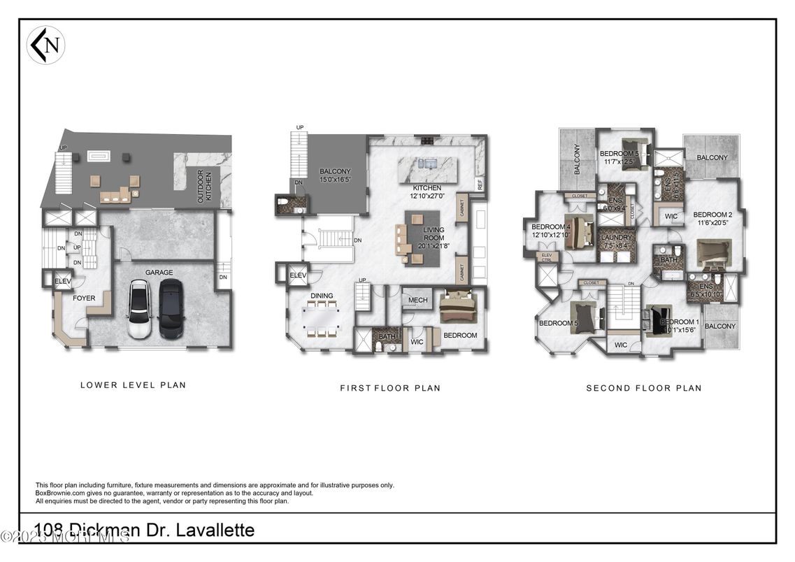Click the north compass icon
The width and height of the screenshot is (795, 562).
45,45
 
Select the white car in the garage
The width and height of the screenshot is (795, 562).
139,309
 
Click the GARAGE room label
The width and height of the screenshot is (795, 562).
159,273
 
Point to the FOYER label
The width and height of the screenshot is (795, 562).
84,298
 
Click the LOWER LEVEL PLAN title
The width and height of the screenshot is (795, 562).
133,384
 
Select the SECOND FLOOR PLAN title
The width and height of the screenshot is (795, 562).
643,387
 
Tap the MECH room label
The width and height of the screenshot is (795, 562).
418,301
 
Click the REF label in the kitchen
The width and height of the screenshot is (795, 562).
480,185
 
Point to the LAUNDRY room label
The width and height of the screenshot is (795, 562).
616,241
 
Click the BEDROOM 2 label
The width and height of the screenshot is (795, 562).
712,219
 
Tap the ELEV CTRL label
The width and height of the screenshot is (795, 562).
546,258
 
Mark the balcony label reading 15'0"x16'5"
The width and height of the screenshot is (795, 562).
335,175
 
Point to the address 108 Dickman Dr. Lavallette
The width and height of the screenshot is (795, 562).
145,530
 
